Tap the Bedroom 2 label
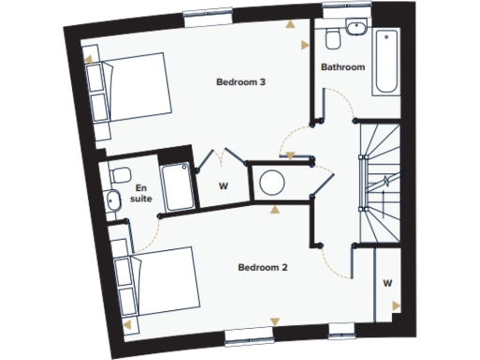point(262,268)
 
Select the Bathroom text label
point(343,67)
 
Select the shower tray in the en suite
point(176,186)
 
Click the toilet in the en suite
point(120,174)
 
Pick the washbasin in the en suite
point(112,198)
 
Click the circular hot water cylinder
point(271,182)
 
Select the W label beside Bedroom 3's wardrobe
point(223,186)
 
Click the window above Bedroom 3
point(208,13)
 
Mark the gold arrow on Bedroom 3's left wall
point(89,58)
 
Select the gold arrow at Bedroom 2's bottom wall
point(274,322)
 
